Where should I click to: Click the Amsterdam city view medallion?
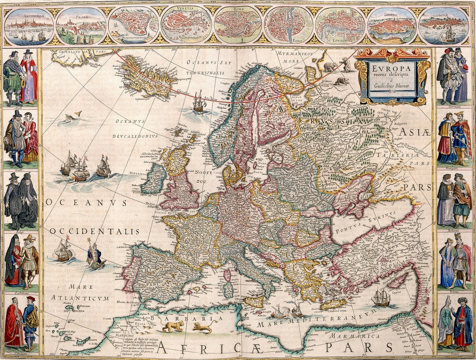click(28, 26)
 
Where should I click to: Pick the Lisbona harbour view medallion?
click(443, 26)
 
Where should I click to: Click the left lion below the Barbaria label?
click(172, 326)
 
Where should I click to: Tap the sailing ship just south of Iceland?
click(199, 102)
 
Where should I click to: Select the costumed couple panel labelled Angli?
click(21, 77)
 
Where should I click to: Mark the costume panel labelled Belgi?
click(21, 200)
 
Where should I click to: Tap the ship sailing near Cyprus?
click(381, 298)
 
